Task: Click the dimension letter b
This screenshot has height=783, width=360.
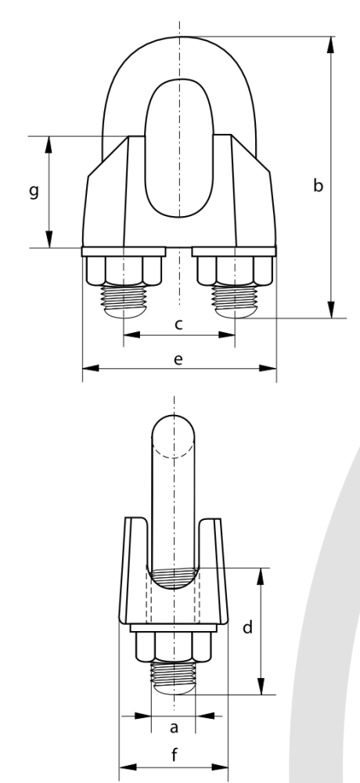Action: [x=318, y=186]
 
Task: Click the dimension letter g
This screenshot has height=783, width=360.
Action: [x=34, y=191]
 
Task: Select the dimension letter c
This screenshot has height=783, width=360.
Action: [x=178, y=325]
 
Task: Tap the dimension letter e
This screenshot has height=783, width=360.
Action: [x=178, y=359]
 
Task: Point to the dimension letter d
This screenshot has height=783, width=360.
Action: [x=247, y=626]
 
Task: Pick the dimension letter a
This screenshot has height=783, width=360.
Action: [x=174, y=727]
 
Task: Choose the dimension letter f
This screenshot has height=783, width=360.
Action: [x=175, y=755]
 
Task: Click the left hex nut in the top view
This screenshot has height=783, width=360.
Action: [x=124, y=271]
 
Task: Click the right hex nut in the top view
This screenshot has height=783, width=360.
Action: [x=235, y=271]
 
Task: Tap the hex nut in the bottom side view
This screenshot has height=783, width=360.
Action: [x=173, y=647]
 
